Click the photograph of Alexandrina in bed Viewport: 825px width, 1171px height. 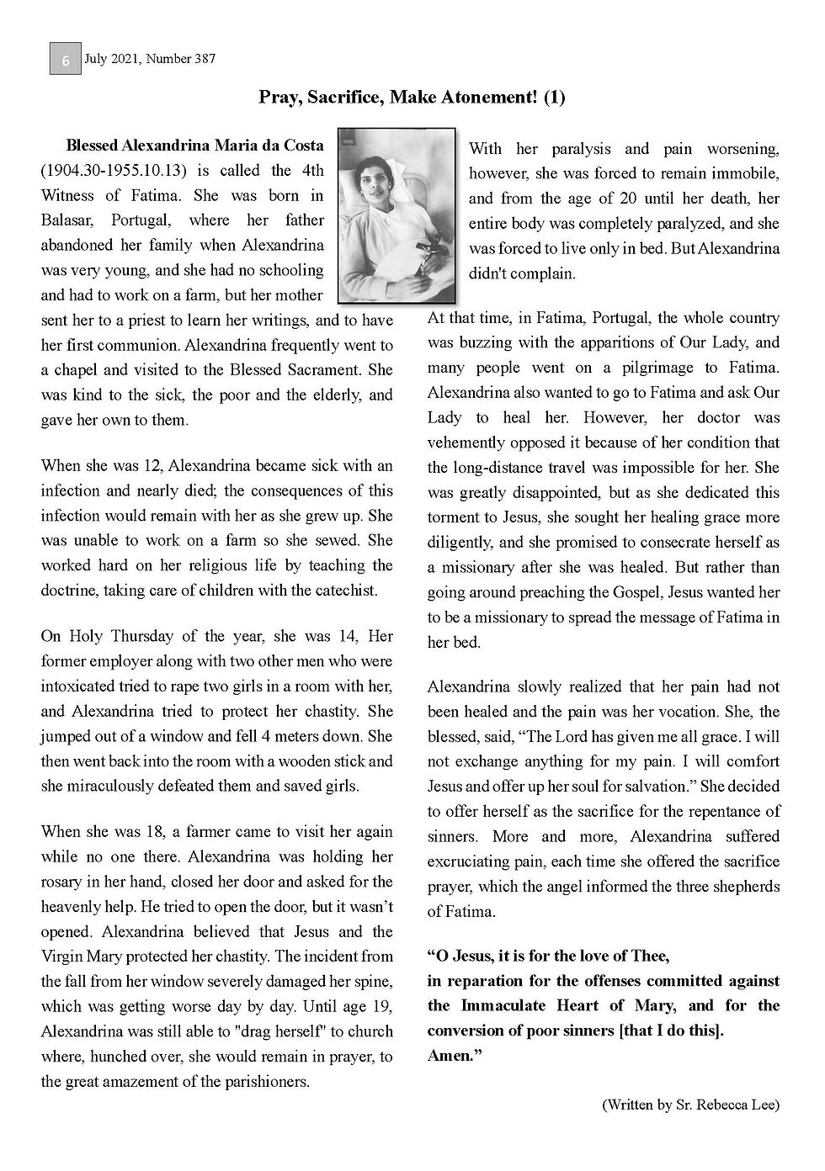(396, 215)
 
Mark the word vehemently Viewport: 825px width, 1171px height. (469, 442)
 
